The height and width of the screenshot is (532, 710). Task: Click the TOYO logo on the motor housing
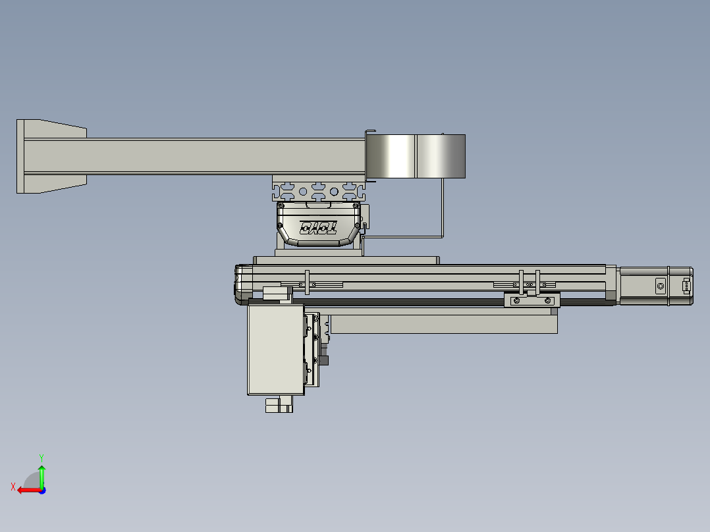pos(319,228)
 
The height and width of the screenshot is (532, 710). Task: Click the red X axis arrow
pos(24,490)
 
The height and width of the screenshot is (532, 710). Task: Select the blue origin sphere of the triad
pos(41,490)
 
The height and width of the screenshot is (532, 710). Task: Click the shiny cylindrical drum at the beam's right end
pos(416,156)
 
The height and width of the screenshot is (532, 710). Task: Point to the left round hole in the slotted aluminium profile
pos(303,192)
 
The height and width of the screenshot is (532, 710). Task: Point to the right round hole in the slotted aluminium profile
pos(334,192)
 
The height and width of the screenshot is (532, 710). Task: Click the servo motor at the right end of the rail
pos(655,286)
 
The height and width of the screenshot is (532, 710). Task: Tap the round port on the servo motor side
pos(661,286)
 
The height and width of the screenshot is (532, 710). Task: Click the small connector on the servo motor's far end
pos(686,286)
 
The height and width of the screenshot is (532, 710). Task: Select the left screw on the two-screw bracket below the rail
pos(516,301)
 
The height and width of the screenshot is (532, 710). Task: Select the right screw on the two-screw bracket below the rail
pos(548,301)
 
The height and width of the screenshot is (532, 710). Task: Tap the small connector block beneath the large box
pos(279,405)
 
